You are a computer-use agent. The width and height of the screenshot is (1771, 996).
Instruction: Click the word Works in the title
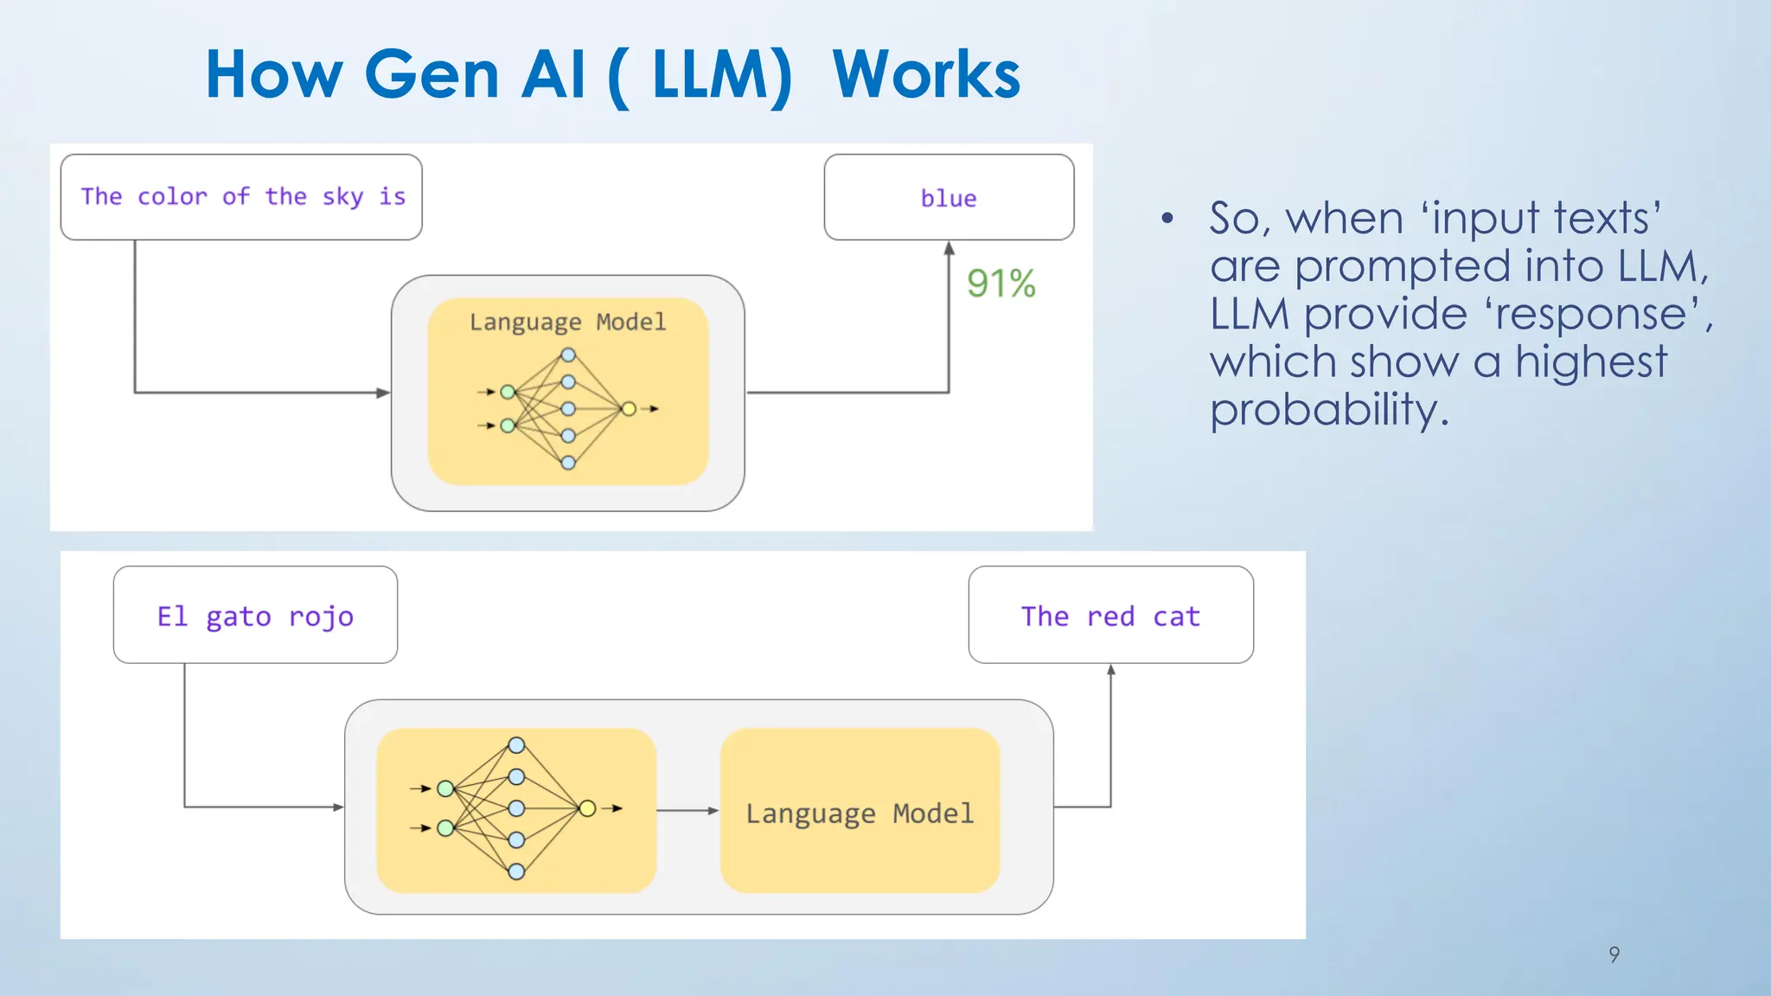(926, 75)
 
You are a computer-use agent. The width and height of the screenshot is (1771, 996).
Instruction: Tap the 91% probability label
(1001, 284)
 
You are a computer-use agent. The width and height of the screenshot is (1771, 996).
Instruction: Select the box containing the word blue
(949, 197)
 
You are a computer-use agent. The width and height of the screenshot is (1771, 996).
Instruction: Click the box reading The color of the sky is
(241, 197)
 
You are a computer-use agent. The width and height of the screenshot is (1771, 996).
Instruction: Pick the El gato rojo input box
(255, 616)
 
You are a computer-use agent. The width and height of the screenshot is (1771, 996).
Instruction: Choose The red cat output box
(1110, 616)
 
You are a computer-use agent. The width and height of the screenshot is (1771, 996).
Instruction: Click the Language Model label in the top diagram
(567, 322)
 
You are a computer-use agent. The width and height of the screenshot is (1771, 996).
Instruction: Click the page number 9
(1614, 954)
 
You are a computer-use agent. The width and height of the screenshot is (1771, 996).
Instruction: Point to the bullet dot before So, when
(1167, 218)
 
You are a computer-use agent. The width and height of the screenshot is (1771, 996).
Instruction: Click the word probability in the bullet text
(1327, 410)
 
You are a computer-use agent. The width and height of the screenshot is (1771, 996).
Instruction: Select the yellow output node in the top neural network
(629, 409)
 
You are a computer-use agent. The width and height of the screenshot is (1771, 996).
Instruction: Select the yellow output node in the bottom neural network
(587, 808)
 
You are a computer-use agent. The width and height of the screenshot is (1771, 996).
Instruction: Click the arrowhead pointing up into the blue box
(949, 249)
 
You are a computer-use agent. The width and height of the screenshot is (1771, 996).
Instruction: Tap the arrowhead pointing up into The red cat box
(1111, 670)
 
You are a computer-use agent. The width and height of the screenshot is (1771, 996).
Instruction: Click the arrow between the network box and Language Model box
(688, 811)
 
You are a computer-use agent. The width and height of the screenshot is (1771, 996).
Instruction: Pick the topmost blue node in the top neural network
(568, 354)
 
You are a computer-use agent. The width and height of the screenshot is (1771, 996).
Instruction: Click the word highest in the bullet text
(1591, 361)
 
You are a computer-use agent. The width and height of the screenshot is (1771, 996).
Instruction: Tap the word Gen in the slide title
(432, 75)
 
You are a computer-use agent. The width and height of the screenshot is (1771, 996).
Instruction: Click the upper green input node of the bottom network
(445, 788)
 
